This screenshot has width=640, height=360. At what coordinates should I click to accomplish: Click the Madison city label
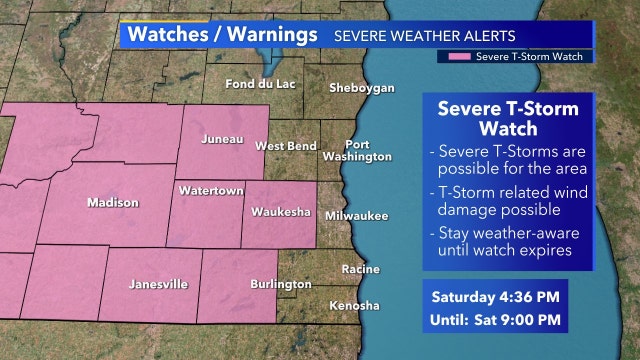[112, 202]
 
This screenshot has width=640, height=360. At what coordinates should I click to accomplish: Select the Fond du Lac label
[263, 84]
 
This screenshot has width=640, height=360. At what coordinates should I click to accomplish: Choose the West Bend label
[286, 146]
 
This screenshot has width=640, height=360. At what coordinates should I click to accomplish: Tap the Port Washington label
[357, 151]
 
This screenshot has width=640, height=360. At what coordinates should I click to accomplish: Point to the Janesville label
[158, 284]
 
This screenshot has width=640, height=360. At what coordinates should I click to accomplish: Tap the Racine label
[360, 270]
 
